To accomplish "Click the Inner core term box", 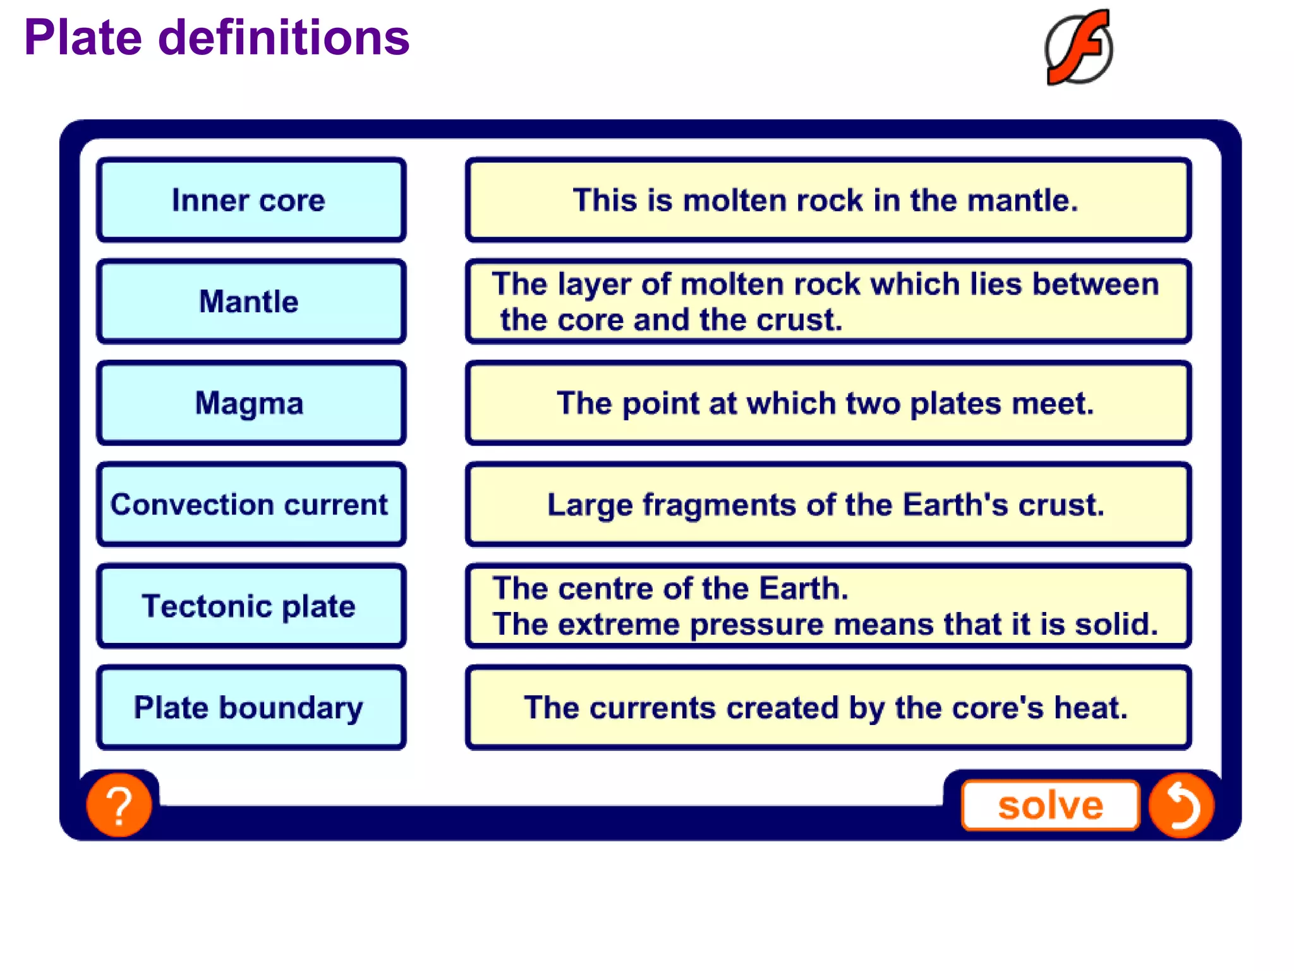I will (251, 200).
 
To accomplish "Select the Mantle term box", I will (251, 302).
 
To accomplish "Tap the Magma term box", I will (251, 403).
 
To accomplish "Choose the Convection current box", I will (251, 504).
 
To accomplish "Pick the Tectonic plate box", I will (251, 606).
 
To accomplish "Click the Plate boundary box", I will (251, 707).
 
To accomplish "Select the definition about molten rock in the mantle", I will (828, 200).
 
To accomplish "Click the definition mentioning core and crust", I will (828, 302).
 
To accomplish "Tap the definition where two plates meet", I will (828, 403).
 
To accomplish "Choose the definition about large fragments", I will (828, 504).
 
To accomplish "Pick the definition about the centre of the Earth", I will (828, 606).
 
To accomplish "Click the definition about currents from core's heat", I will (828, 707).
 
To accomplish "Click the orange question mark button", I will (119, 805).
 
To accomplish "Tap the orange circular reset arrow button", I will (1181, 805).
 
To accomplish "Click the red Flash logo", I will (1079, 47).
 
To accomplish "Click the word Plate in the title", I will (83, 38).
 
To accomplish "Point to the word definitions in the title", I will (284, 38).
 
